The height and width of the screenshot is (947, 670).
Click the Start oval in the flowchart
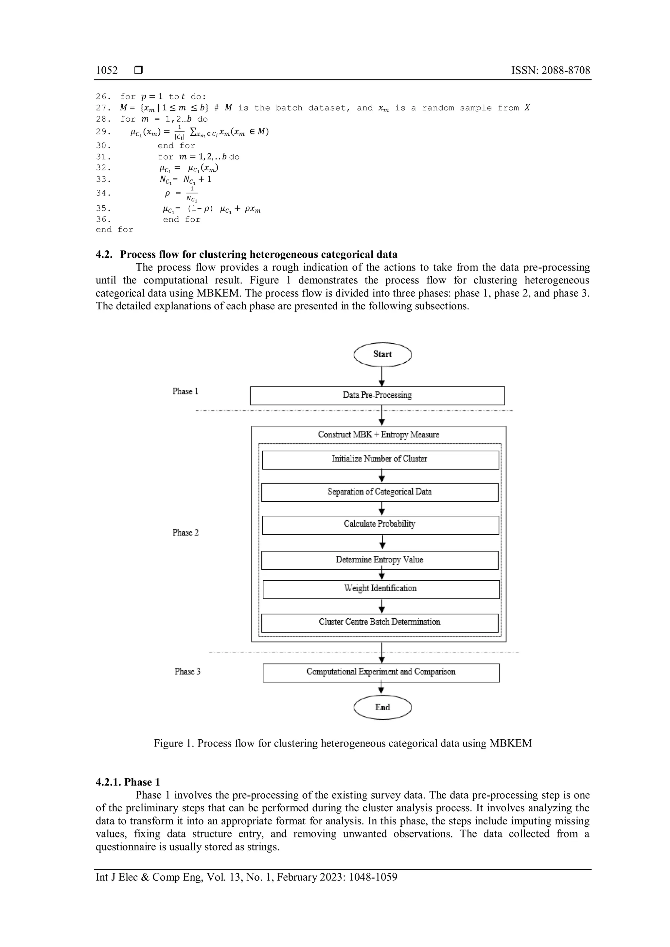coord(382,354)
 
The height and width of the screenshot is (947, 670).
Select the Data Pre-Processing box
coord(377,395)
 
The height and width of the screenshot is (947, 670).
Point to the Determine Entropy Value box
coord(379,560)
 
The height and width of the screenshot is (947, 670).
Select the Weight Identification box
coord(380,589)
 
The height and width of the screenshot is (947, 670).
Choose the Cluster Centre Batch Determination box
coord(379,622)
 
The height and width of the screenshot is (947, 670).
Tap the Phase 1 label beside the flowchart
coord(185,391)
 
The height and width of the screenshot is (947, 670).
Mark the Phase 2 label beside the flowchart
coord(185,532)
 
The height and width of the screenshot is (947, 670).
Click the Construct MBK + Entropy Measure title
coord(378,434)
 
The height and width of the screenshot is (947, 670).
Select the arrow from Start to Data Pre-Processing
coord(382,376)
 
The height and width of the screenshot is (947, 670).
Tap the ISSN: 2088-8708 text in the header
coord(550,71)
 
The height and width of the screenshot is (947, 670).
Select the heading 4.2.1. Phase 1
coord(128,782)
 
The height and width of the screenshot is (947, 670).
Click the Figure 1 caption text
coord(343,743)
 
